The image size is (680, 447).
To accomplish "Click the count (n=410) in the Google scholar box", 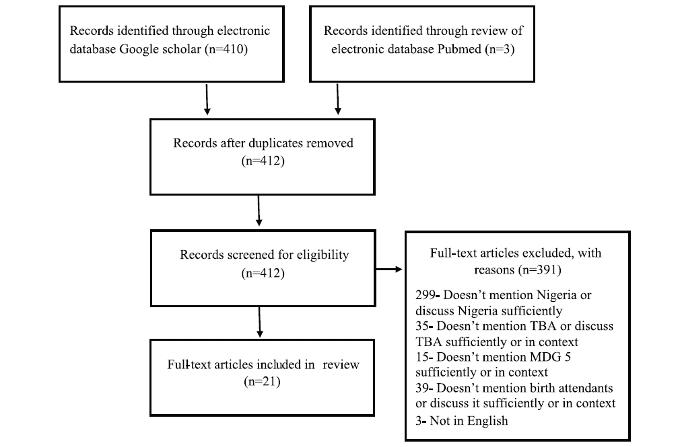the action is (226, 49).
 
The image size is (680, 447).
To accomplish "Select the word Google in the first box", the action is (139, 49).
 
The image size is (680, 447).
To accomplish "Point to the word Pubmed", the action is (459, 49).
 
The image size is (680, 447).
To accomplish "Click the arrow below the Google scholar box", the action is (207, 99).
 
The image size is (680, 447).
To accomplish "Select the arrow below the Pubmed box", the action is (337, 99).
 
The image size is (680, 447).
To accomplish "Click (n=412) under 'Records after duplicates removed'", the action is (263, 161).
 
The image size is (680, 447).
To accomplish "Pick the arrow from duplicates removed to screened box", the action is (259, 210).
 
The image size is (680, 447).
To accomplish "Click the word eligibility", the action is (322, 255).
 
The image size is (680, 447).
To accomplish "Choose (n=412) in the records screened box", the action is (263, 273).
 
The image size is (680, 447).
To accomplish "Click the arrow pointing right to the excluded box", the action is (389, 270).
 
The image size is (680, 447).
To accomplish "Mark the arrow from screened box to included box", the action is (259, 322).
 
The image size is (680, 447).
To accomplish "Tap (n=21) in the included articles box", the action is (262, 382).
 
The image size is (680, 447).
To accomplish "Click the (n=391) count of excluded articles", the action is (539, 270).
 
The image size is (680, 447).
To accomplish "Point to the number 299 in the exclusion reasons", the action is (425, 295).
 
